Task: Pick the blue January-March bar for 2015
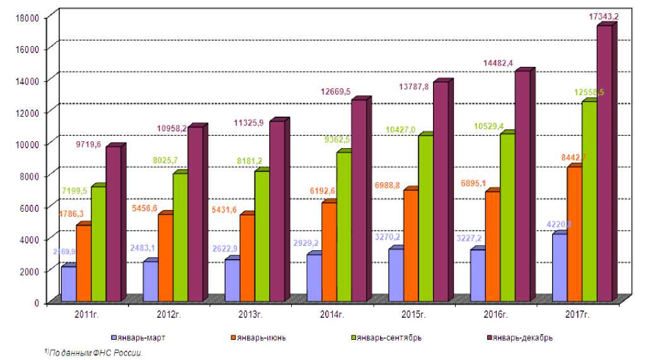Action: [396, 275]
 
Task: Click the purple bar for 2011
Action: [113, 223]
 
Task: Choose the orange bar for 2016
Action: [492, 246]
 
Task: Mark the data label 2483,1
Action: [142, 248]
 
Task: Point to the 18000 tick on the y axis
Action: [28, 18]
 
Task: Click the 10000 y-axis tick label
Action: [28, 144]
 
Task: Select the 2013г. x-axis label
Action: [250, 314]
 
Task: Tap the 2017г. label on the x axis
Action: [579, 314]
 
